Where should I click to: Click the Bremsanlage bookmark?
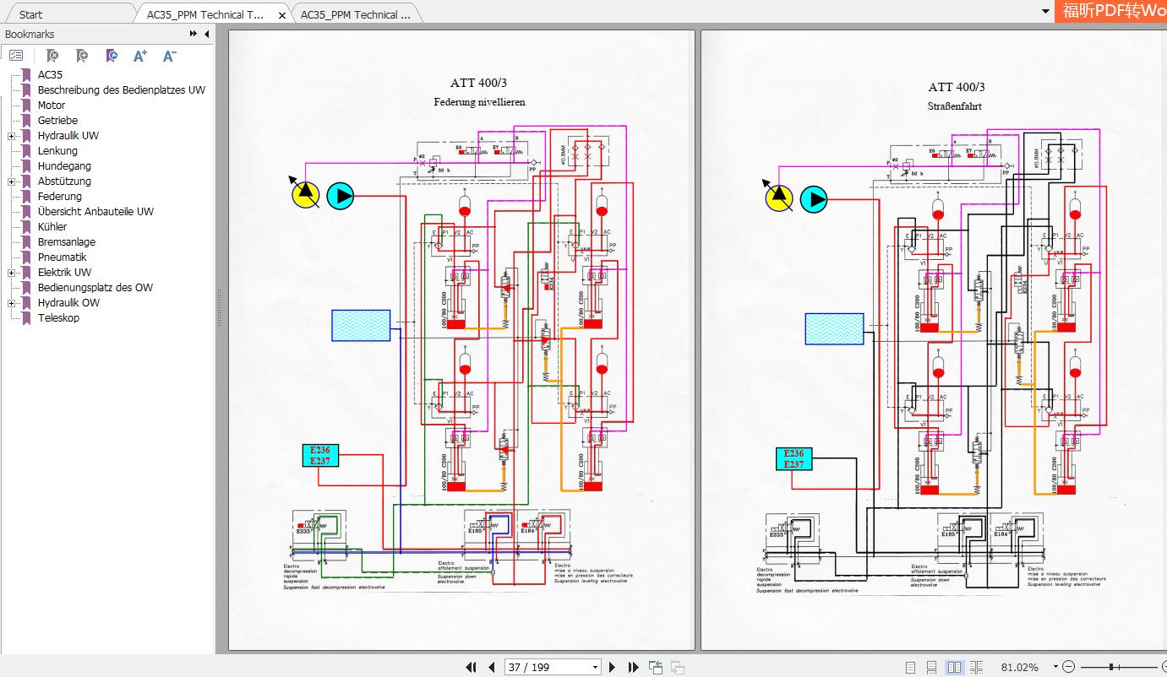coord(66,242)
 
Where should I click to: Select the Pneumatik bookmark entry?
coord(62,257)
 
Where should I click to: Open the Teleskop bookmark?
coord(58,318)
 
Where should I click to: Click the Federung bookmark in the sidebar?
coord(59,197)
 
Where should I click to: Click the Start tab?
coord(30,14)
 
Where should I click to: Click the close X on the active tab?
coord(282,15)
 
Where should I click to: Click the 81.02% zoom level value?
coord(1019,667)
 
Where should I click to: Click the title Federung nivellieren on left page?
coord(479,102)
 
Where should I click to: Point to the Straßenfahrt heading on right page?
coord(955,106)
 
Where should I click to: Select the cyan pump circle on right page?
coord(813,199)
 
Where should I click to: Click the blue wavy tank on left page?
coord(361,325)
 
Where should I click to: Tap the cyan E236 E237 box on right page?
coord(793,459)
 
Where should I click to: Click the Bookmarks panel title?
coord(30,35)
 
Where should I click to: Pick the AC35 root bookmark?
coord(50,75)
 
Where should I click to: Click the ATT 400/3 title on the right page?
coord(956,87)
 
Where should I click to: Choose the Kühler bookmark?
coord(52,227)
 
